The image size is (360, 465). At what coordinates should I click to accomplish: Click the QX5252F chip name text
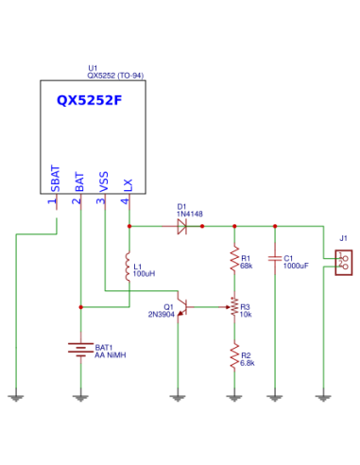coord(89,100)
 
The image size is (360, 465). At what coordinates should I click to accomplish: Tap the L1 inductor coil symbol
coord(128,267)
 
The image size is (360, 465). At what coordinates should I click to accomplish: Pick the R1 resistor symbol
coord(234,260)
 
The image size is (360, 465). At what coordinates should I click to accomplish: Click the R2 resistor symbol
coord(234,356)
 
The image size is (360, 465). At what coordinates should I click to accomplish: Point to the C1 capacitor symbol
coord(275,258)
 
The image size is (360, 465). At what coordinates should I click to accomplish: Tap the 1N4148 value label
coord(190,215)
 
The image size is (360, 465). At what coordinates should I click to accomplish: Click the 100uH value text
coord(144,273)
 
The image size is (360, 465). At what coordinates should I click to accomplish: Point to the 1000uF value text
coord(297,266)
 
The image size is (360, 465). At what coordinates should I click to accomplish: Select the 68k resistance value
coord(247,266)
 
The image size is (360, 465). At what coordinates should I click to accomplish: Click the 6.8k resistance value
coord(249,363)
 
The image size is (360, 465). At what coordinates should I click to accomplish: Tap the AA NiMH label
coord(111,356)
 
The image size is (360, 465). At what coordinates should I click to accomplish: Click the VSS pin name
coord(104,181)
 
